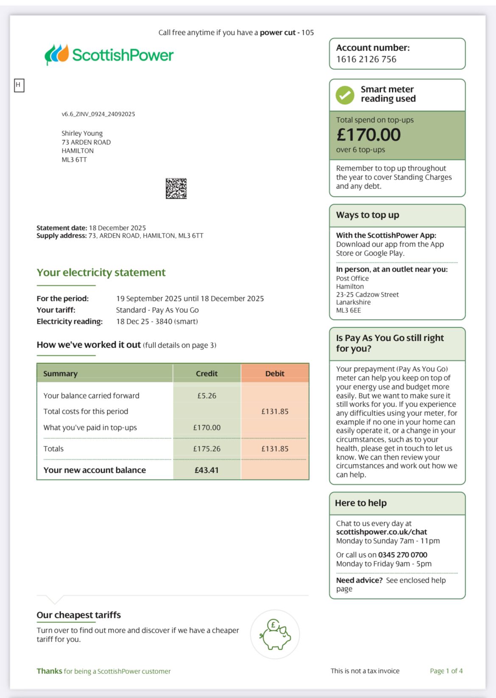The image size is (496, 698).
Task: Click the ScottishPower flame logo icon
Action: [x=57, y=54]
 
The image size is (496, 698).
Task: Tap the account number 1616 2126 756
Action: [x=366, y=59]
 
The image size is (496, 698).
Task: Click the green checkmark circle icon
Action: [x=345, y=95]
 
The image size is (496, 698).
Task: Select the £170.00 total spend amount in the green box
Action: [x=368, y=135]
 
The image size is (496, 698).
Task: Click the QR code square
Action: [x=176, y=188]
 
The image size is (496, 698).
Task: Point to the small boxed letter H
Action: [x=19, y=85]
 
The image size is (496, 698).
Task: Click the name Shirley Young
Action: [x=82, y=133]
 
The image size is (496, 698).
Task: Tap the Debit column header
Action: [x=275, y=373]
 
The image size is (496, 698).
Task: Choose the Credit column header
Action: [x=206, y=373]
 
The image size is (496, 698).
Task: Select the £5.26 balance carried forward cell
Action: [x=206, y=395]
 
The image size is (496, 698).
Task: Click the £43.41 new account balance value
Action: [x=206, y=470]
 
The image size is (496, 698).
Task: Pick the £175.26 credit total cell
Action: [x=206, y=449]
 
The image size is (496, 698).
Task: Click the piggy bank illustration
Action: [x=275, y=635]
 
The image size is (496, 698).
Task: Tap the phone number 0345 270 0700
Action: [x=403, y=555]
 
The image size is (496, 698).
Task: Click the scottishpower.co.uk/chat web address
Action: [x=382, y=532]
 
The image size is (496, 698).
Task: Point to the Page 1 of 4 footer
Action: [x=446, y=671]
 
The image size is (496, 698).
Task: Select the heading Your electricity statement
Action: [x=101, y=272]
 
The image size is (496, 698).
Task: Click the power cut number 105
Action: [x=307, y=33]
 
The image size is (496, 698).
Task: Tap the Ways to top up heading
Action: [x=368, y=215]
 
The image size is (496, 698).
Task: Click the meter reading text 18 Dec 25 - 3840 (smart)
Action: [x=157, y=321]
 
